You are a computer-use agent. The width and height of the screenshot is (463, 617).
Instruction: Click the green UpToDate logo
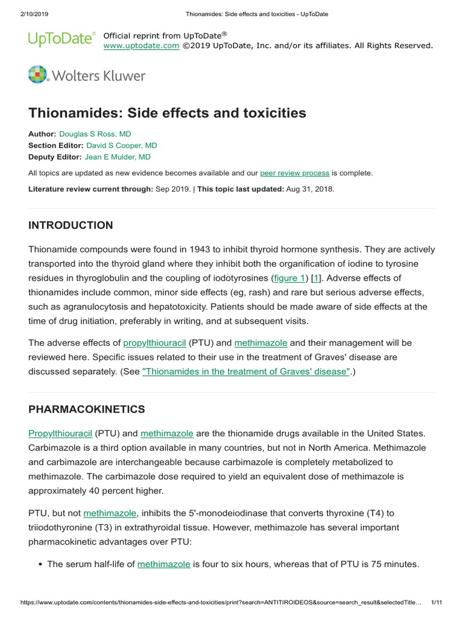[x=61, y=40]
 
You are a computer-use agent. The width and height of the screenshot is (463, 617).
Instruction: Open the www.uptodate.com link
[x=141, y=45]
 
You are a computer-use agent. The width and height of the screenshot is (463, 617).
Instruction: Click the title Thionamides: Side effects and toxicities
[x=168, y=113]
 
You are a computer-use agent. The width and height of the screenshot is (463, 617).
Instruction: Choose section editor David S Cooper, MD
[x=122, y=145]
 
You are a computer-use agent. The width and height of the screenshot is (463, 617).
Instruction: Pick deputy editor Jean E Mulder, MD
[x=118, y=157]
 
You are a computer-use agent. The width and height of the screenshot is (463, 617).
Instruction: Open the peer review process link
[x=294, y=173]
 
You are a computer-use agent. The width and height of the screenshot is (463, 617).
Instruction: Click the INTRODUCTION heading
[x=71, y=225]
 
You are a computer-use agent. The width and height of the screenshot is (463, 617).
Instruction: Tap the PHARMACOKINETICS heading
[x=87, y=409]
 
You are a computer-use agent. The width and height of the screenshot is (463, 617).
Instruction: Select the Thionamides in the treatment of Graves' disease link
[x=246, y=372]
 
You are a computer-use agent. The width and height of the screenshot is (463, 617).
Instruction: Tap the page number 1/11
[x=438, y=601]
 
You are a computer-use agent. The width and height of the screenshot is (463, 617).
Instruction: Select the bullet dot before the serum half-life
[x=40, y=565]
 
